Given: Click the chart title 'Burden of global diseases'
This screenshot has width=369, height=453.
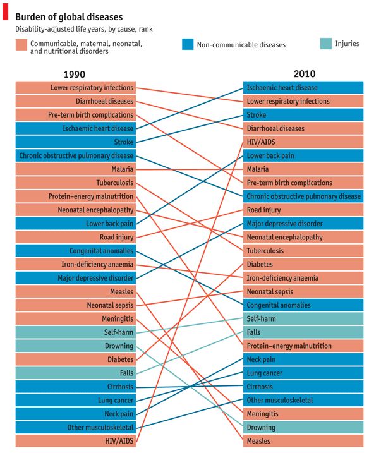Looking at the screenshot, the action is click(x=69, y=17).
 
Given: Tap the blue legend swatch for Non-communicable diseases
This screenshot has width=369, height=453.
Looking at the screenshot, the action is click(x=188, y=44).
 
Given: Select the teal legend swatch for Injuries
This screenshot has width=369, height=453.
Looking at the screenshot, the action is click(x=325, y=44).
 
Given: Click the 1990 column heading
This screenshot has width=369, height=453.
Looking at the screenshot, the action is click(x=75, y=75).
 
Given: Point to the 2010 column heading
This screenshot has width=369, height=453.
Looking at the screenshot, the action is click(x=305, y=74).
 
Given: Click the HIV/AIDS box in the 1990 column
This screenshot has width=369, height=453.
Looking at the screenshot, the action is click(x=76, y=441).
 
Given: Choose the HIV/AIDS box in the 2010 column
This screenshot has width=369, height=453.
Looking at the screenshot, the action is click(x=303, y=142).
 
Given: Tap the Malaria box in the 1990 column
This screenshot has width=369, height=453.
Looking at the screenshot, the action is click(x=76, y=169).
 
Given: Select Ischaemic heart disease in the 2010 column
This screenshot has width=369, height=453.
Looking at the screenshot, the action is click(x=303, y=88).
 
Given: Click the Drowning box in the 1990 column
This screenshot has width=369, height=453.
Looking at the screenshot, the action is click(x=76, y=346).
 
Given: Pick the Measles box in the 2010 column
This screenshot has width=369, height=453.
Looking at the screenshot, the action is click(x=303, y=441).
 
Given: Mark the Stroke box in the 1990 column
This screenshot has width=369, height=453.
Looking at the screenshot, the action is click(x=76, y=142).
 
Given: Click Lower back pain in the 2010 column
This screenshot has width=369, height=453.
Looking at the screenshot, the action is click(x=303, y=155).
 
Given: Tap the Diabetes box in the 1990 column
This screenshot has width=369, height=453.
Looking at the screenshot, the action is click(x=76, y=359).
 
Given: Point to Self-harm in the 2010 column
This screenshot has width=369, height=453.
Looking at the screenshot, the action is click(x=303, y=318).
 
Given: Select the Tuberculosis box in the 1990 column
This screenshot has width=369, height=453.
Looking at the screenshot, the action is click(x=76, y=183).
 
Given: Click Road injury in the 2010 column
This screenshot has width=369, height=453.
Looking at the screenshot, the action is click(x=303, y=210).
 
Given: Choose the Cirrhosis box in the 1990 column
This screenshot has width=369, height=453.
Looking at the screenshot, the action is click(x=76, y=387).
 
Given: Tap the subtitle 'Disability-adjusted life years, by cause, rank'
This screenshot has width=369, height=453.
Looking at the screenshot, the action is click(x=84, y=29).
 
